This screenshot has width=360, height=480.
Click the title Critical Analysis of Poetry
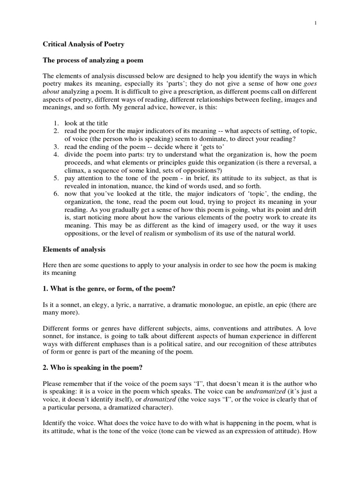(x=83, y=44)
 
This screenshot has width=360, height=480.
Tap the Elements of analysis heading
(x=74, y=249)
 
